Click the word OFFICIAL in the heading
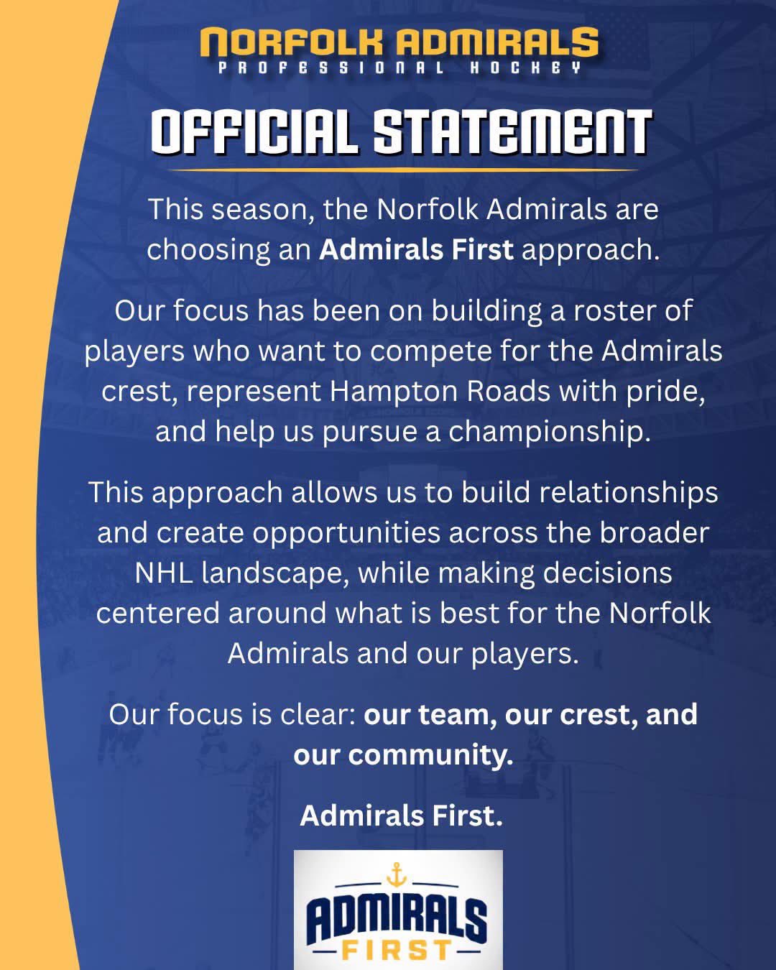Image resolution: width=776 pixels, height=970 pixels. pos(254,132)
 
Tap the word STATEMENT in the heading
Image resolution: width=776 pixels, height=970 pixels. pos(514,132)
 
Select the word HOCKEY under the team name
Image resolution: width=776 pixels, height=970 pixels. pos(526,68)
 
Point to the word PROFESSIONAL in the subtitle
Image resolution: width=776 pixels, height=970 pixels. pos(331,68)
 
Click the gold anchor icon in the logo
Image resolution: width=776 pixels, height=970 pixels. pos(397,875)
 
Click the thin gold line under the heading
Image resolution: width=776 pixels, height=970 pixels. pos(402,170)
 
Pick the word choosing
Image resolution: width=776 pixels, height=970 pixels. pos(208,251)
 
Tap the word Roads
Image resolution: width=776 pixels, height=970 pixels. pos(508,392)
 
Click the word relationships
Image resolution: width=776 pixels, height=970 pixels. pos(629,493)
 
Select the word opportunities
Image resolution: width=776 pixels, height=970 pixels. pos(346,534)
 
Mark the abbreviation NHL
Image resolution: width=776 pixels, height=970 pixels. pos(164,573)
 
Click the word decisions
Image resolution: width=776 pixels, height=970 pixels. pos(607,573)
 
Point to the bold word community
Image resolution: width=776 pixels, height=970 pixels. pos(430,756)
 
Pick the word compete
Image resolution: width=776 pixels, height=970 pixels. pos(430,352)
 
